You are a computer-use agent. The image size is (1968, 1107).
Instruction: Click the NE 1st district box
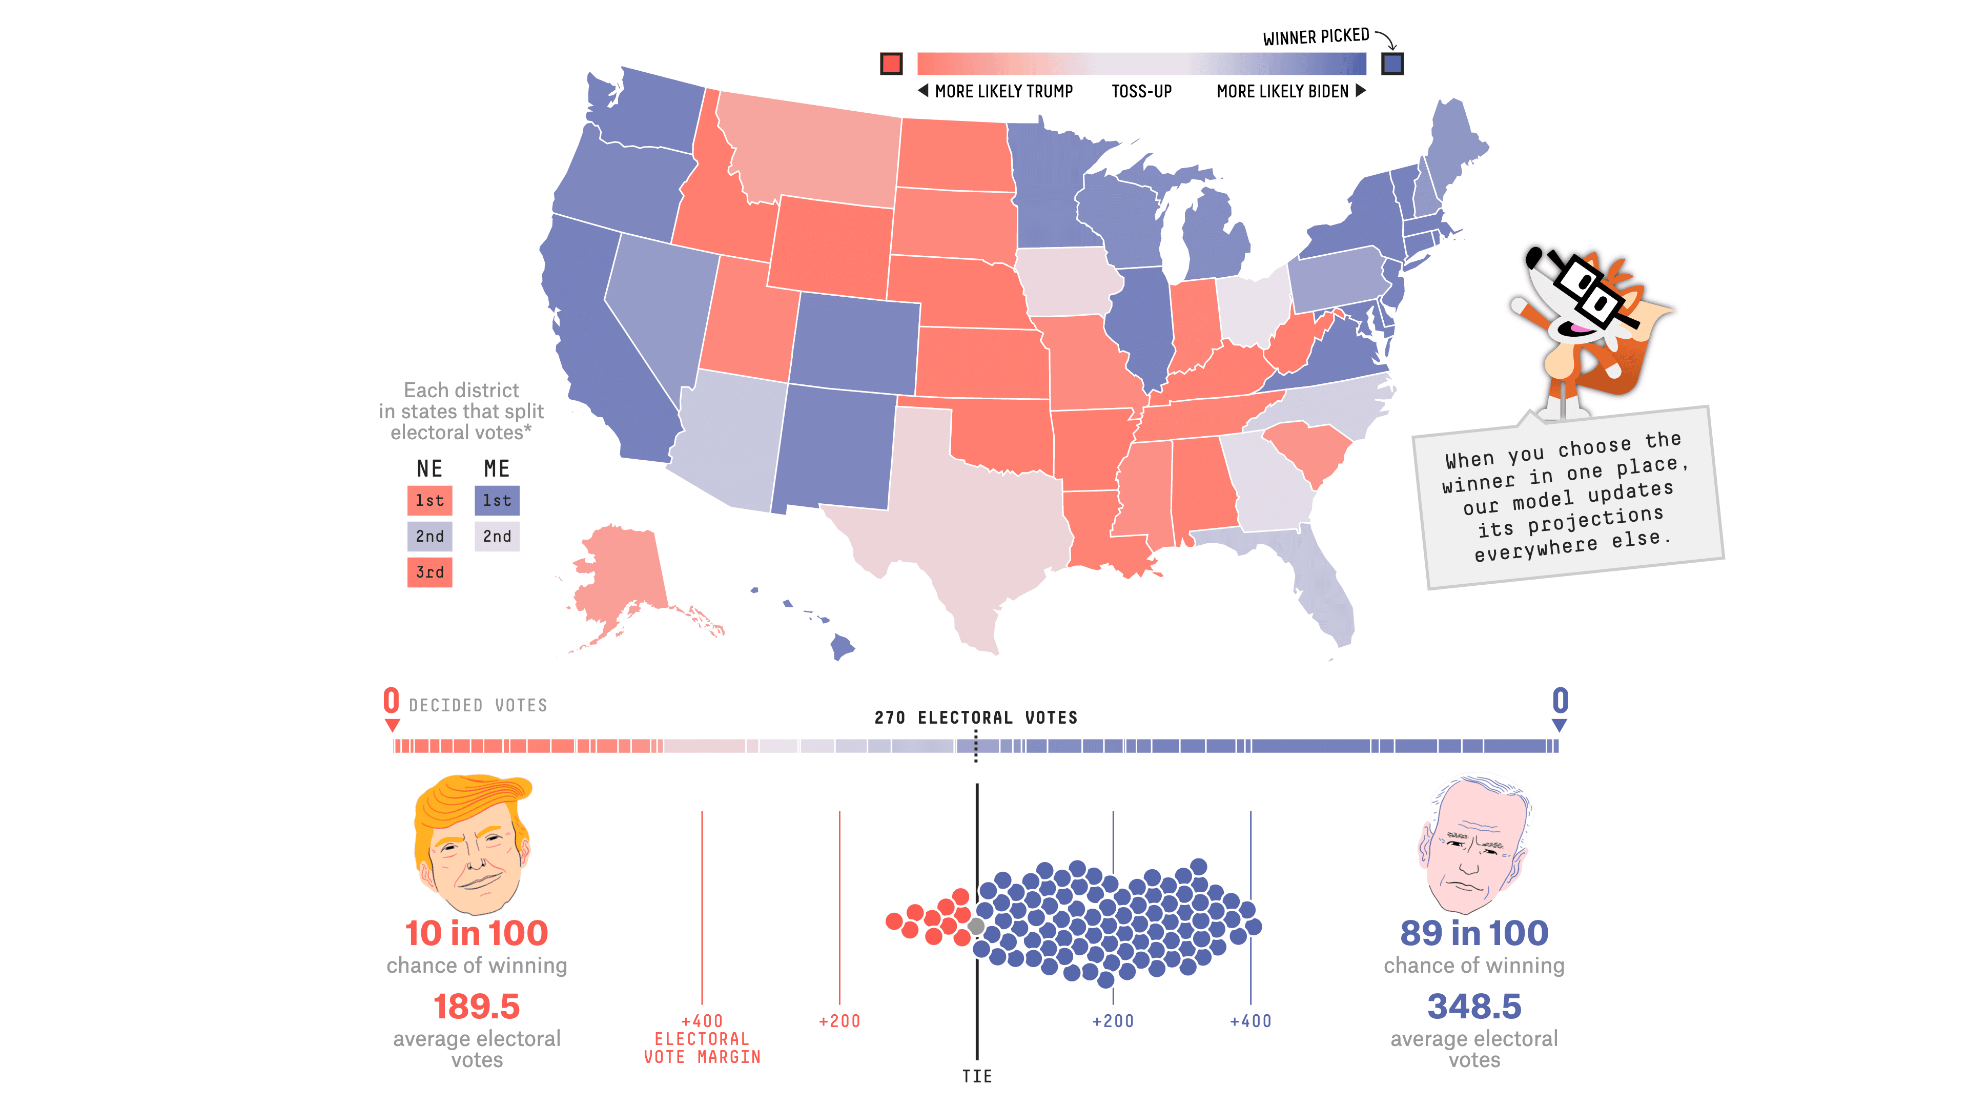coord(429,500)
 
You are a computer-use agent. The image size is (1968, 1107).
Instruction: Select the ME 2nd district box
coord(497,536)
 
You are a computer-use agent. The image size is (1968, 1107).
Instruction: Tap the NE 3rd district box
coord(429,572)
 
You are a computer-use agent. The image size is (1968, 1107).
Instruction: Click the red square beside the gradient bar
coord(891,64)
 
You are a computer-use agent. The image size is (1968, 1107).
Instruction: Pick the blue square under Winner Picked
coord(1392,64)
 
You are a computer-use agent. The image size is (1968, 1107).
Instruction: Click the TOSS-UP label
coord(1141,92)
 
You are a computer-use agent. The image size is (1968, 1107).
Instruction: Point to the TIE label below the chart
coord(976,1076)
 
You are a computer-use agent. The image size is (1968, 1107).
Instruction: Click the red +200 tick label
coord(839,1021)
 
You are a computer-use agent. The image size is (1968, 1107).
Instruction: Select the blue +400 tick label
coord(1250,1021)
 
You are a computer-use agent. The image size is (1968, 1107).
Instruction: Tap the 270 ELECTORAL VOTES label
coord(976,718)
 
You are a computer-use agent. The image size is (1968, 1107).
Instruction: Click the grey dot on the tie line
coord(976,926)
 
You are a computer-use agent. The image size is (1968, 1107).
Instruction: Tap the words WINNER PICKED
coord(1316,37)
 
